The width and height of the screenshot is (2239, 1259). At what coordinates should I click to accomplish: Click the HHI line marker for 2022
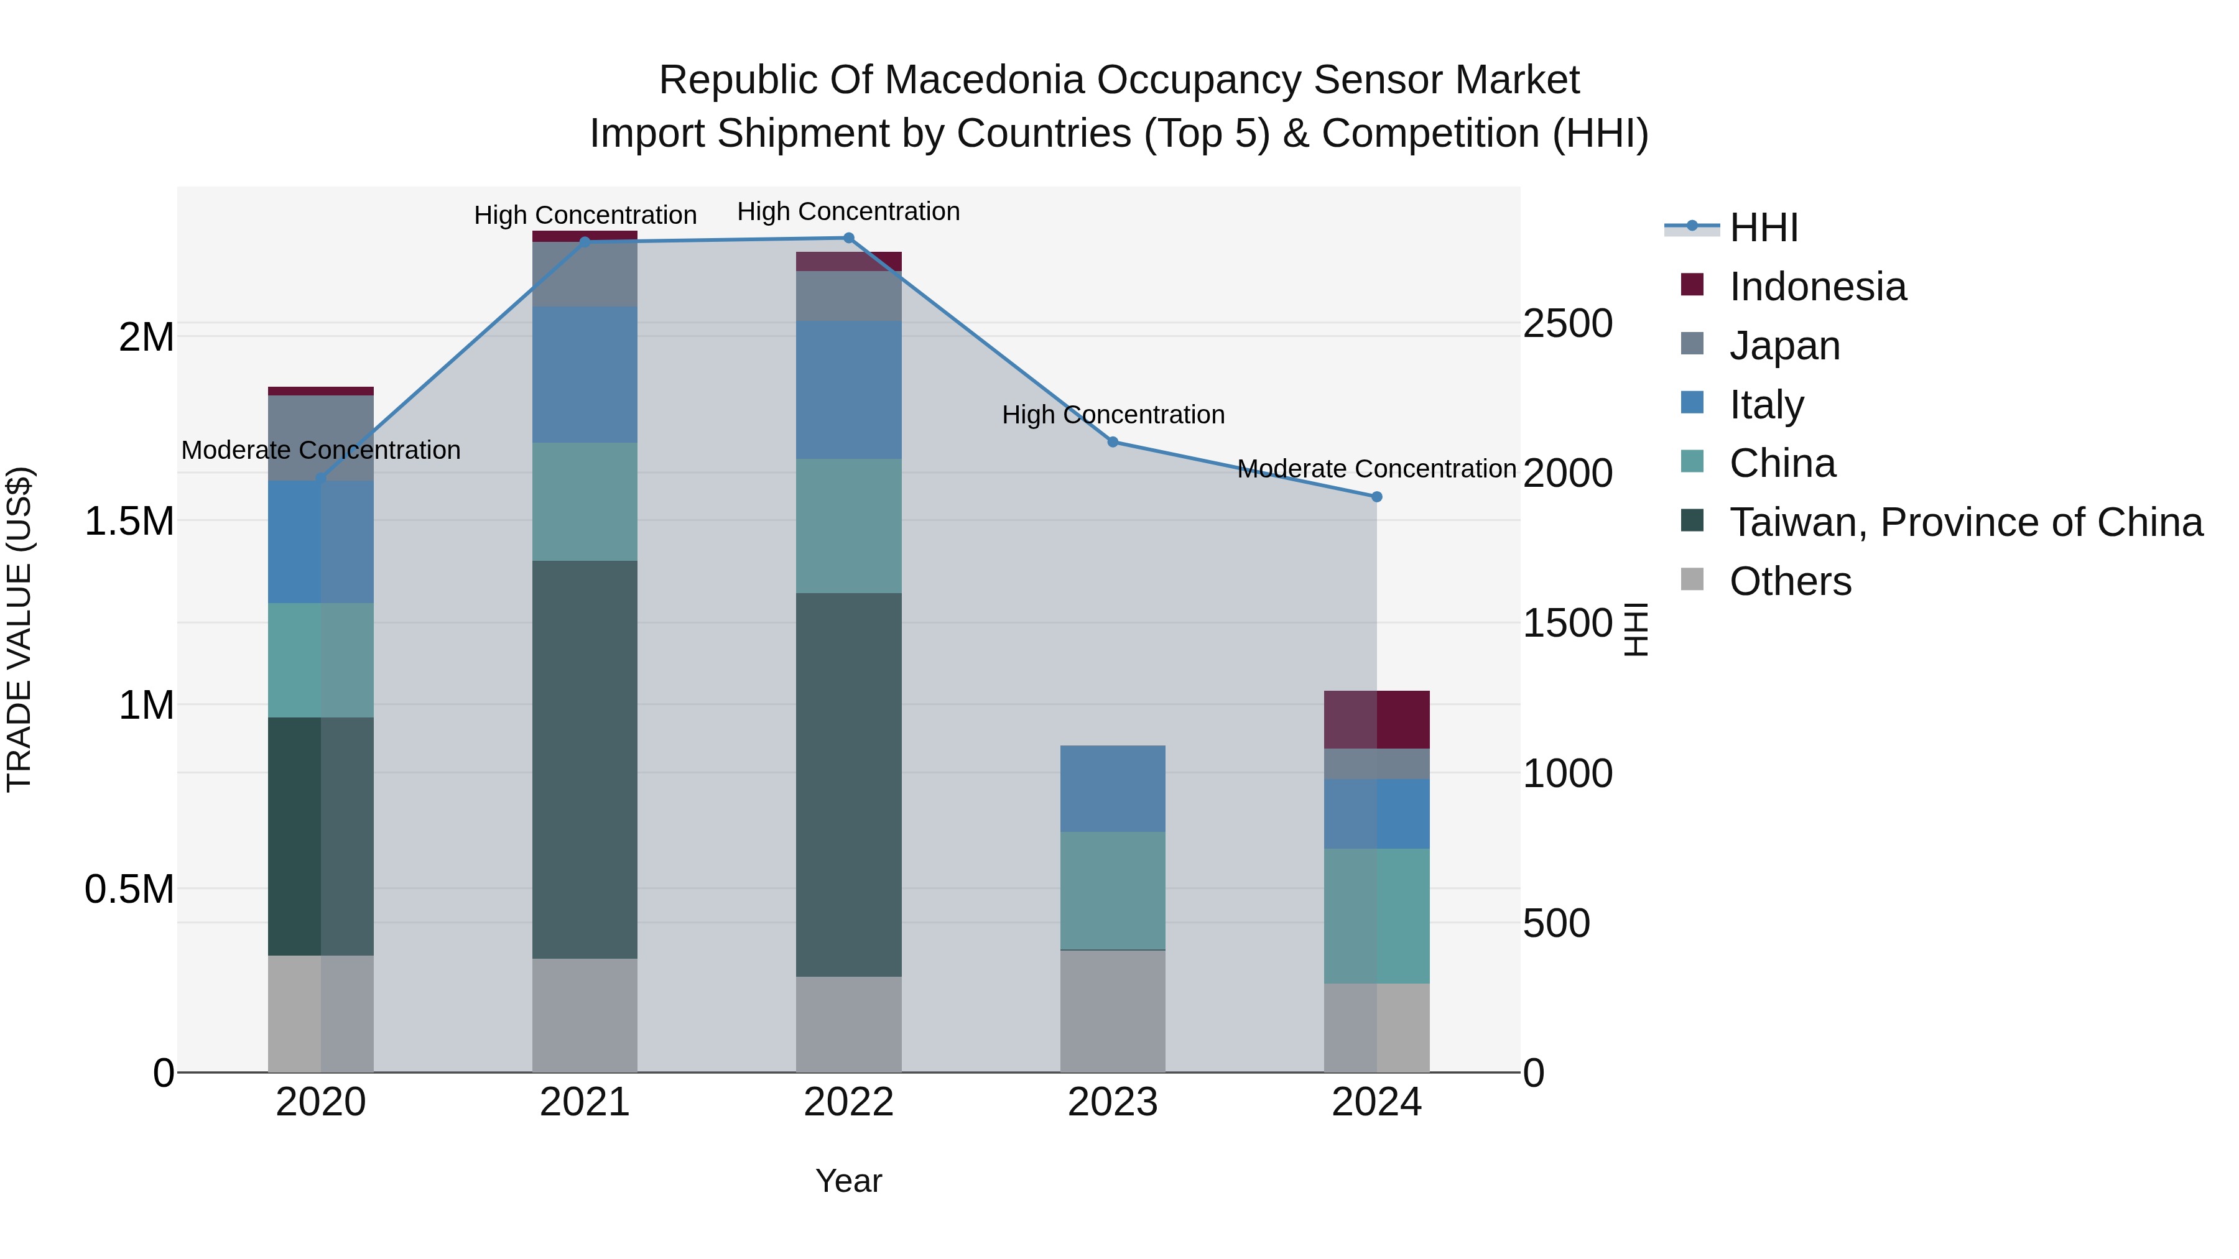tap(848, 238)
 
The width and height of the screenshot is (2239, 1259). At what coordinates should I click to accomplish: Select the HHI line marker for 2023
tap(1113, 442)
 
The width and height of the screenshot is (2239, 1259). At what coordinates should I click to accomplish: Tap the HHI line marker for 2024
tap(1377, 497)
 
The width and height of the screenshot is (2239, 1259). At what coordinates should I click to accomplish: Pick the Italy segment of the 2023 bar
tap(1113, 788)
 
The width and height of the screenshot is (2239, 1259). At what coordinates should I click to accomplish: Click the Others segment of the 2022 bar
tap(848, 1025)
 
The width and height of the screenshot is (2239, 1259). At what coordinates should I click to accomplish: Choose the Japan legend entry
tap(1784, 345)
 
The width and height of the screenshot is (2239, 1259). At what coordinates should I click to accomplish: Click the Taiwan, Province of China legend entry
tap(1965, 522)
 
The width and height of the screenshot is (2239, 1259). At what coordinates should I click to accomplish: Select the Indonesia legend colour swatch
tap(1692, 285)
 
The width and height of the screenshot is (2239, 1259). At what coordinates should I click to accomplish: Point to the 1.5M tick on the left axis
tap(129, 522)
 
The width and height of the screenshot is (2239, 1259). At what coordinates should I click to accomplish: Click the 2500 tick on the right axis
tap(1567, 323)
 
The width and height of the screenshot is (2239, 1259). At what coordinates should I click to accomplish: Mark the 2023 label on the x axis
tap(1113, 1102)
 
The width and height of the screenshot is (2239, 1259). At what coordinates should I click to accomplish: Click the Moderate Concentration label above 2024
tap(1377, 469)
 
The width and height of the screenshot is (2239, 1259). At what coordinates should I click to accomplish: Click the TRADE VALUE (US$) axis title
tap(19, 629)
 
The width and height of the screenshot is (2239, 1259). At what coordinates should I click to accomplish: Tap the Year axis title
tap(848, 1181)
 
